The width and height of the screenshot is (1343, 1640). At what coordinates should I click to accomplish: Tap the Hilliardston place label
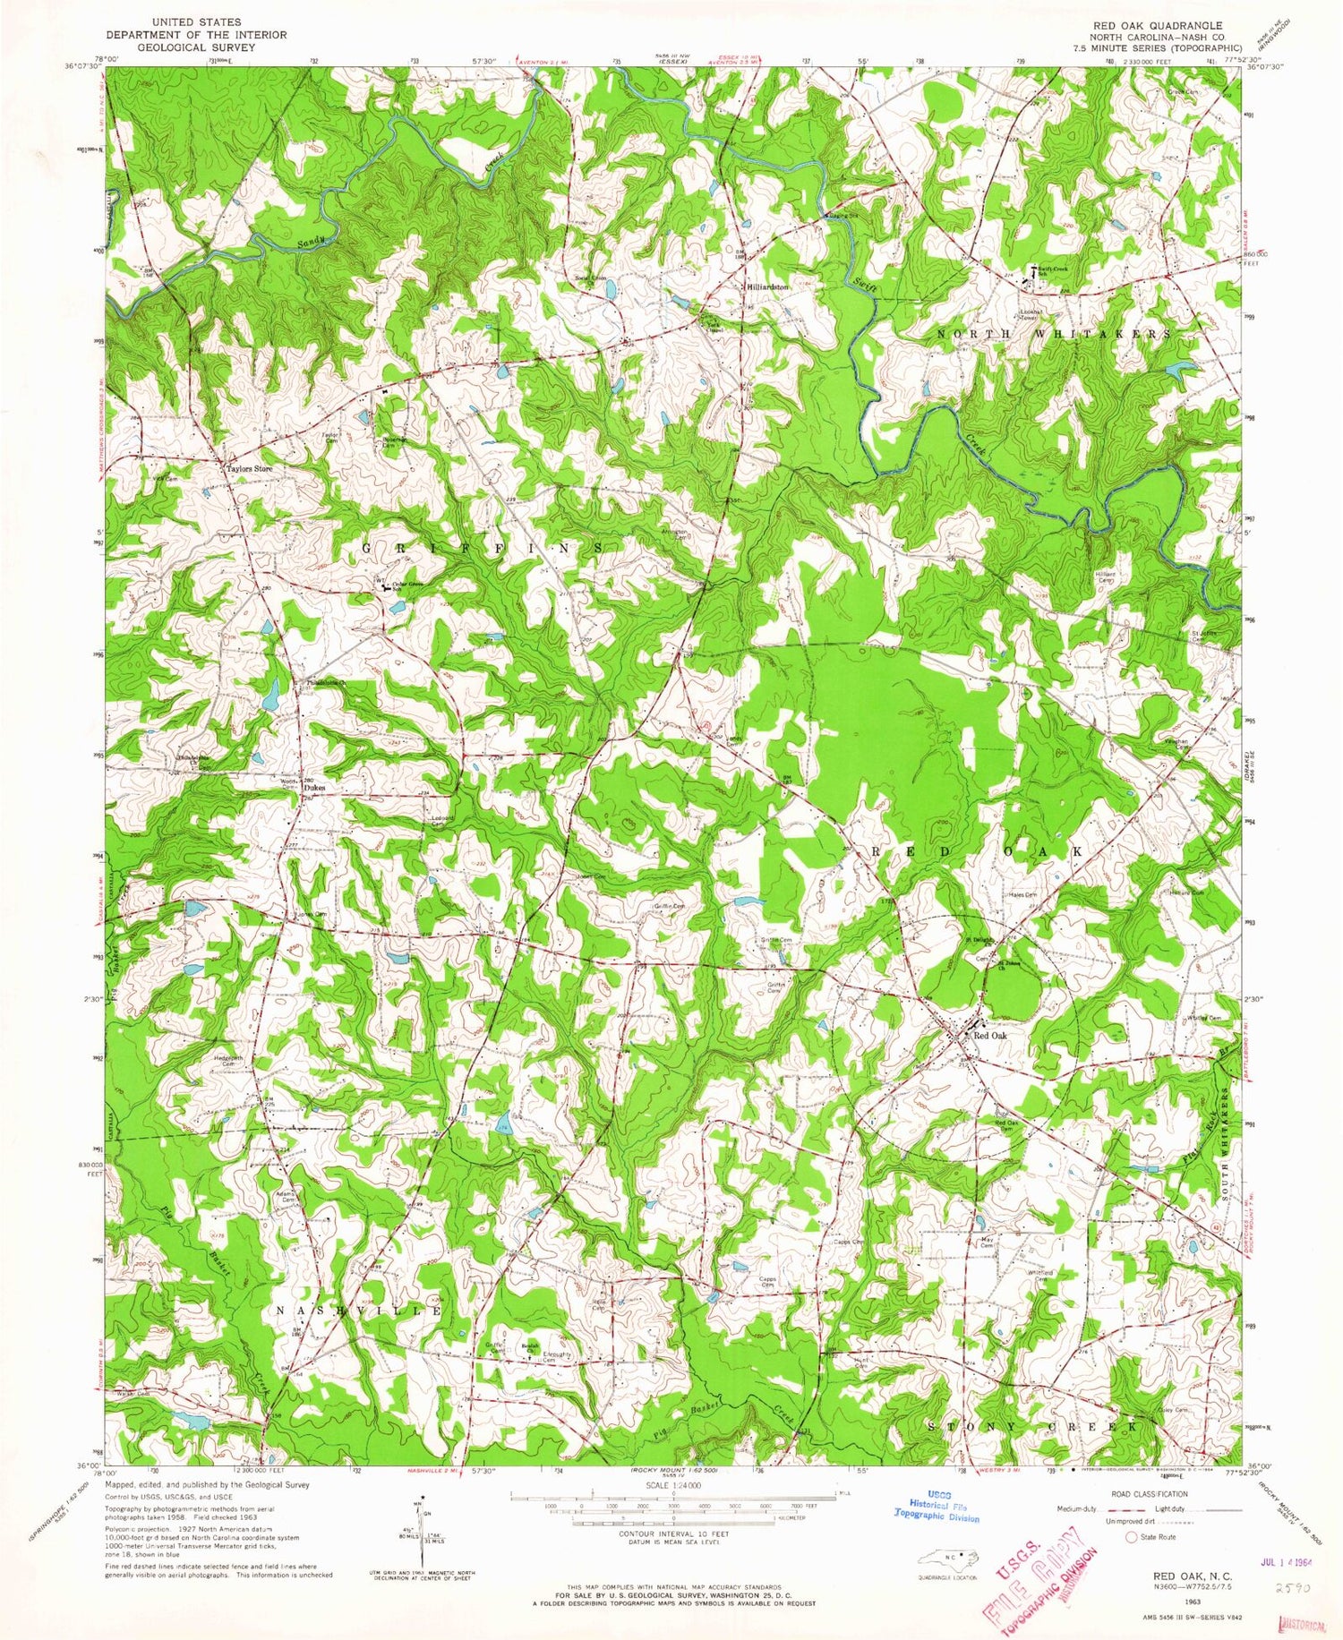768,286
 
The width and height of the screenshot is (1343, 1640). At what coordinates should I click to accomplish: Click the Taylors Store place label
249,468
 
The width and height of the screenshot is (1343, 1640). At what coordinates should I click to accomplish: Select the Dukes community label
313,787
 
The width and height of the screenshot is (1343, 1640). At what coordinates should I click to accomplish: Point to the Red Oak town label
990,1036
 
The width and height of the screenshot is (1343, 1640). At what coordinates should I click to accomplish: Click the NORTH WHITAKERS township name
1054,333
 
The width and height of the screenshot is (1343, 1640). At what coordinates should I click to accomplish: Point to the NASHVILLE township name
358,1310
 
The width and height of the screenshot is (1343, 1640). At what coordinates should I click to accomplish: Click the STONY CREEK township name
1034,1426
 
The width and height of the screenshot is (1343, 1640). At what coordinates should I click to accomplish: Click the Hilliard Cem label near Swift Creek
1105,577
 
